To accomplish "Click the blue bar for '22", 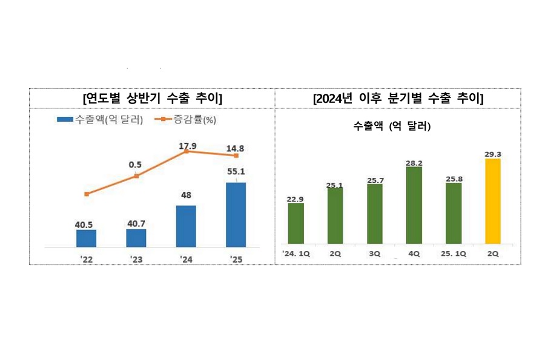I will pos(86,238).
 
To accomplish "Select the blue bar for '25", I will pos(236,215).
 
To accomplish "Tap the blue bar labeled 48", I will pos(186,226).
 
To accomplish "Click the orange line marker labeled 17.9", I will pos(186,151).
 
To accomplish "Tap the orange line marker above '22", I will pos(87,194).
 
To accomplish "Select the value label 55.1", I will pos(236,172).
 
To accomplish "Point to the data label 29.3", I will pos(493,154).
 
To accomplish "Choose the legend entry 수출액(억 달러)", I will pos(100,120).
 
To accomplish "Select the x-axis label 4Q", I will pos(414,254).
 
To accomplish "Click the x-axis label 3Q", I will pos(375,254).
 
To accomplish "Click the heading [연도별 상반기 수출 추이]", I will pos(152,98).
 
